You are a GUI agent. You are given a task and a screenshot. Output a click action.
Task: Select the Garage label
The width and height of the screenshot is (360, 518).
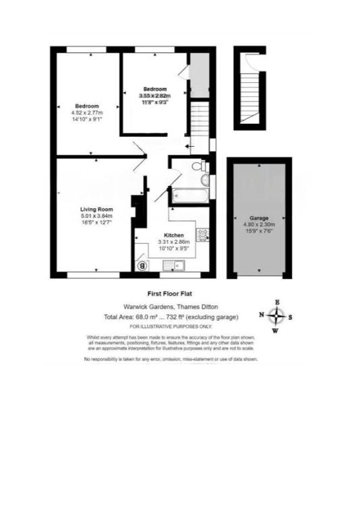(259, 218)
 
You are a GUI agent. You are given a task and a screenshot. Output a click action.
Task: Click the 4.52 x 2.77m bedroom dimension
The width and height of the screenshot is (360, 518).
(88, 113)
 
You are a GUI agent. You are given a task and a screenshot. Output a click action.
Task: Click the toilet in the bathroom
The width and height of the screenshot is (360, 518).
(199, 166)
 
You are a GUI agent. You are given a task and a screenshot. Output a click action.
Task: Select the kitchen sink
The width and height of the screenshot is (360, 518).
(175, 266)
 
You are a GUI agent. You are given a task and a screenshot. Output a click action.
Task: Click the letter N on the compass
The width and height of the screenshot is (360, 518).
(262, 315)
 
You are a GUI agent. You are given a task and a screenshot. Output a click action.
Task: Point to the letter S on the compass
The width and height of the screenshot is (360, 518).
(291, 317)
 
